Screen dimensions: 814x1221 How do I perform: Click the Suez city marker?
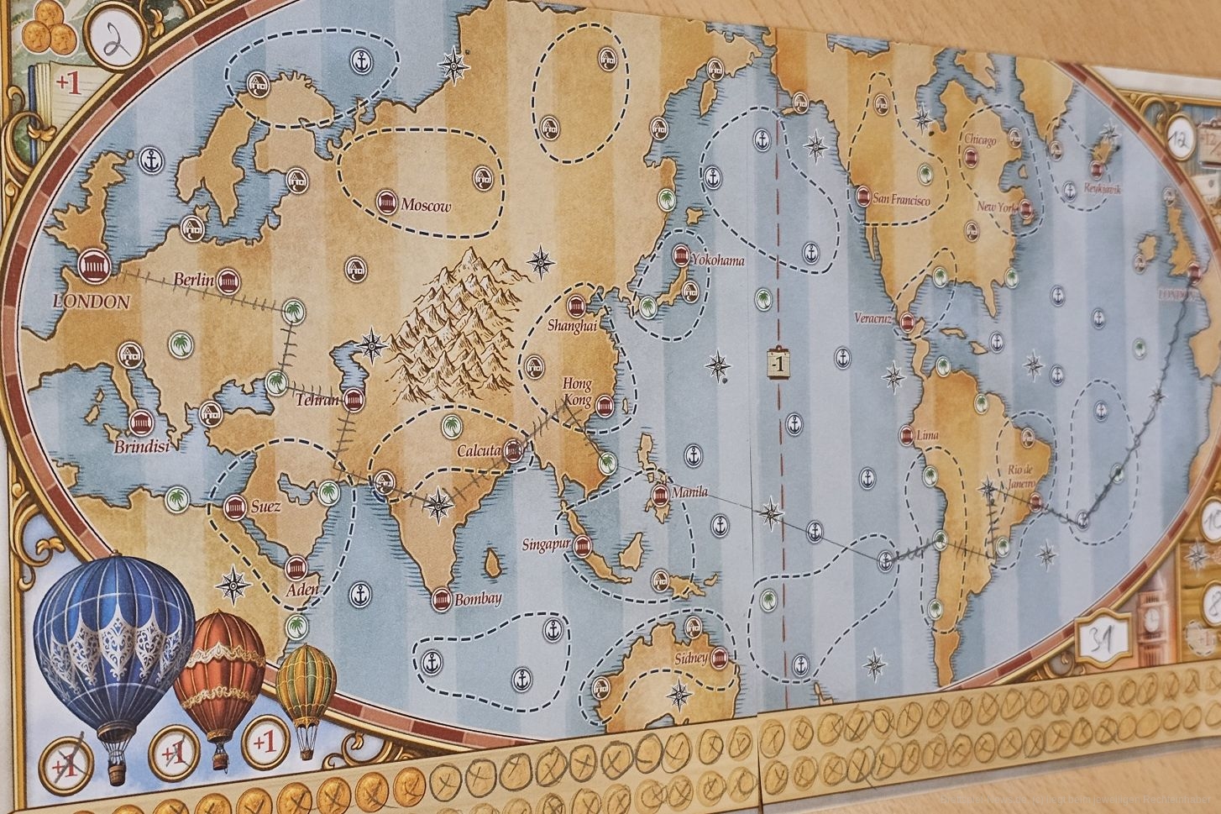coord(234,507)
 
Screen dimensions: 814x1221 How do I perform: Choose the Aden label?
coord(302,589)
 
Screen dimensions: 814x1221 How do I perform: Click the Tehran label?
coord(317,401)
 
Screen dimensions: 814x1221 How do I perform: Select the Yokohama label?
coord(716,260)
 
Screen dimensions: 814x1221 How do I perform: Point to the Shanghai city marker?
coord(577,306)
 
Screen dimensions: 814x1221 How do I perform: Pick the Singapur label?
coord(545,544)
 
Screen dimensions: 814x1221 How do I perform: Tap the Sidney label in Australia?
coord(692,657)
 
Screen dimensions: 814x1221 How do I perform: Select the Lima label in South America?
coord(928,435)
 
